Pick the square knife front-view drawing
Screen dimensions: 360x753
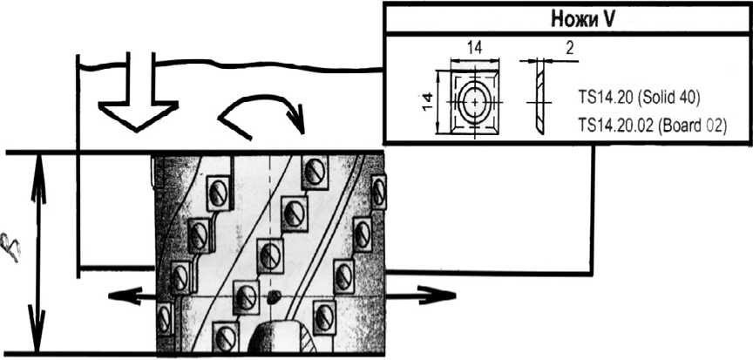tap(474, 100)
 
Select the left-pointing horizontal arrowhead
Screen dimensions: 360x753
tap(116, 295)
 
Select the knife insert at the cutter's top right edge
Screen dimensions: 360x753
tap(377, 191)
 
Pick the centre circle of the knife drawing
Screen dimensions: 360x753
tap(474, 100)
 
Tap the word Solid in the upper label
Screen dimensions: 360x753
tap(652, 94)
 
